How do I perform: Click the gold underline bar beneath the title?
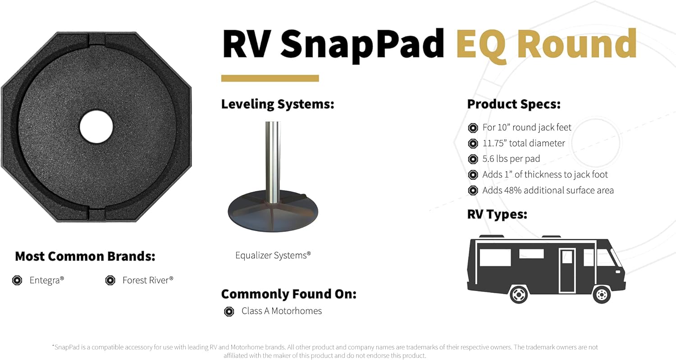(270, 78)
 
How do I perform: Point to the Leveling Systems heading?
(277, 105)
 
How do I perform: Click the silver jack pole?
(272, 162)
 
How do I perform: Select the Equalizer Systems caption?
(273, 255)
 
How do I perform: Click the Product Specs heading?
(514, 105)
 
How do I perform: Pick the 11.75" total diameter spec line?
(523, 143)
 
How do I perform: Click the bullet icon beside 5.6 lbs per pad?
(473, 159)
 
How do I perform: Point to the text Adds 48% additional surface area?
(548, 190)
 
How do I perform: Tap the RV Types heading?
(497, 214)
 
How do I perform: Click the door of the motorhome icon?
(567, 269)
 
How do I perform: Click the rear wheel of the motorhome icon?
(519, 295)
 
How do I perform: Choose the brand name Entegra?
(46, 280)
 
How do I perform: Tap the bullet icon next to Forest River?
(110, 280)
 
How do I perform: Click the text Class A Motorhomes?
(282, 311)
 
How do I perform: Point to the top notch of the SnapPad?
(96, 39)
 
